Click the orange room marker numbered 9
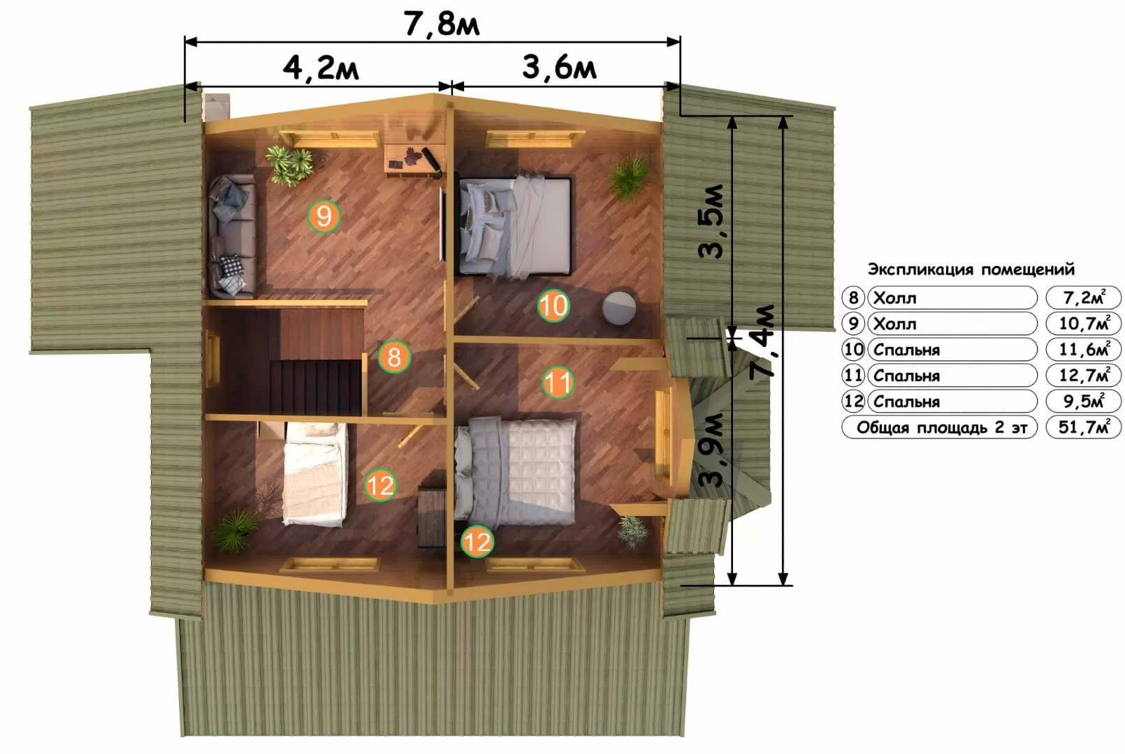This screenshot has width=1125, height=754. click(324, 216)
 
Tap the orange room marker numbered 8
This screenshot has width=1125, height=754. click(394, 357)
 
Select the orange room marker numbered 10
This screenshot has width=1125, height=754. click(553, 305)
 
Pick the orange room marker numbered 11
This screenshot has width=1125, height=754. click(558, 383)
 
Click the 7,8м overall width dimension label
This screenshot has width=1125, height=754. click(442, 24)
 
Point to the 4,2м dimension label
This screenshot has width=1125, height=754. click(321, 68)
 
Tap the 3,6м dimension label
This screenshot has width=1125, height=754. click(559, 67)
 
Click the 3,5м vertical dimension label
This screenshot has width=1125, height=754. click(711, 221)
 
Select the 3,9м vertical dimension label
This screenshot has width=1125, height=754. click(711, 450)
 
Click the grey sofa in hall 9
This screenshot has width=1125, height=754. click(232, 236)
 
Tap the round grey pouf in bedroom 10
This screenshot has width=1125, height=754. click(619, 307)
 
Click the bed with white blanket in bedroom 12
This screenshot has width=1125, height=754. click(315, 474)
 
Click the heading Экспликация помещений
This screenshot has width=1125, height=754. click(971, 269)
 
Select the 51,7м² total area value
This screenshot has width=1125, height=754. click(1083, 427)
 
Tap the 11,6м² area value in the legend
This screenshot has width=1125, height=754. click(1083, 349)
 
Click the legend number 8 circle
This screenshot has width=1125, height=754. click(852, 297)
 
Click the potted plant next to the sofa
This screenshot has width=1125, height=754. click(290, 165)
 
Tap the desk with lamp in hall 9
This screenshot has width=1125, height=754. click(415, 160)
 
